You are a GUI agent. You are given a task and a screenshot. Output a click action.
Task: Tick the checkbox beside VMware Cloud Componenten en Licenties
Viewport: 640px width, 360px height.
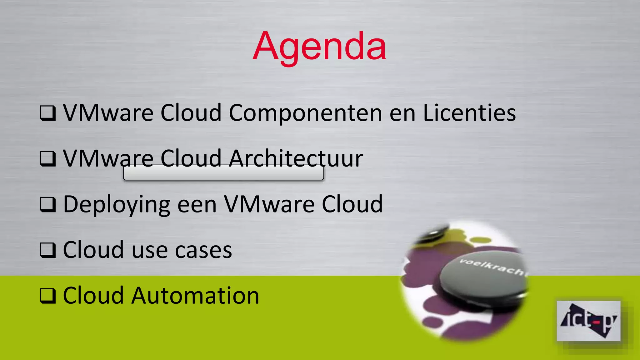[x=48, y=113]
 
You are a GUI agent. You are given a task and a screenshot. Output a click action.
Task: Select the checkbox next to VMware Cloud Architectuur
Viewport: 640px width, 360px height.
[x=48, y=159]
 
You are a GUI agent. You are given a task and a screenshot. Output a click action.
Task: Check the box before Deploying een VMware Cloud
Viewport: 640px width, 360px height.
[x=48, y=205]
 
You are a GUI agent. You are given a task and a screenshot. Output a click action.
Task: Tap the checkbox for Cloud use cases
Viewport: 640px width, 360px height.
[x=48, y=250]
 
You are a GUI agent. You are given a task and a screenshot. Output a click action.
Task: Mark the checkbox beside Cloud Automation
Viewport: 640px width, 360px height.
[x=48, y=296]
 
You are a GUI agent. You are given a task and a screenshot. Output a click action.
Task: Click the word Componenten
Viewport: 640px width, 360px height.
[x=305, y=113]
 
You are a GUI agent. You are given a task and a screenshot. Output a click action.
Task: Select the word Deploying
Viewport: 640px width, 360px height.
[x=117, y=205]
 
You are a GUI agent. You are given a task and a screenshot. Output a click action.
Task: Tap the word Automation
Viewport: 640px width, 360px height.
[x=195, y=296]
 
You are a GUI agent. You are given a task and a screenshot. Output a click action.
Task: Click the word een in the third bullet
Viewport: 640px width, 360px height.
[x=197, y=205]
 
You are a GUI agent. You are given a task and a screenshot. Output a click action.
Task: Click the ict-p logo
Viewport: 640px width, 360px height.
[x=588, y=321]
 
